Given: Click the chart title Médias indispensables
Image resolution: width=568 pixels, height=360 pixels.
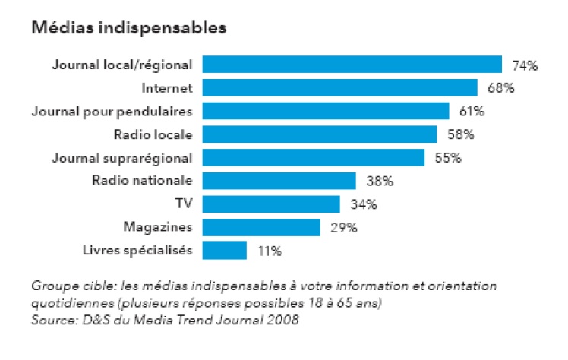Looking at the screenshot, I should tap(128, 29).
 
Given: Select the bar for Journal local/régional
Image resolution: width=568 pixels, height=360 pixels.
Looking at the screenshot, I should tap(352, 65).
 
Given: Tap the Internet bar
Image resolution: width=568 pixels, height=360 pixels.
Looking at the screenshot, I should tap(339, 87).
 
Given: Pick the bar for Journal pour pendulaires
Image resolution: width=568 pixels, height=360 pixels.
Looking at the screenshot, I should tap(326, 111).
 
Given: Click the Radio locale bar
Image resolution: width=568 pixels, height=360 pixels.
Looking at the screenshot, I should tap(320, 134).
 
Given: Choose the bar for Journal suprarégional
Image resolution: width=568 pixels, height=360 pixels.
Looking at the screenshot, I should tap(313, 157).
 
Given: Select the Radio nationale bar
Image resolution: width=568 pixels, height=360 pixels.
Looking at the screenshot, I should tap(279, 181).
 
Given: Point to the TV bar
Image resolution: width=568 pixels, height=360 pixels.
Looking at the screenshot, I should tap(270, 204).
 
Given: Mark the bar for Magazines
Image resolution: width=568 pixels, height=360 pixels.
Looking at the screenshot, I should tap(261, 227).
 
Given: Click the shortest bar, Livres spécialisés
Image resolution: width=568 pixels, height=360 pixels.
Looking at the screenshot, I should tap(224, 250).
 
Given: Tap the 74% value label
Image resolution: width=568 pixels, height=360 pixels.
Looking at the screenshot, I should tap(525, 65).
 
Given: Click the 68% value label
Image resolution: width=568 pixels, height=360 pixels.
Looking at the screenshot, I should tap(501, 88).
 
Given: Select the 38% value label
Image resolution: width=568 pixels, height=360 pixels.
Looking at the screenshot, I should tap(379, 182).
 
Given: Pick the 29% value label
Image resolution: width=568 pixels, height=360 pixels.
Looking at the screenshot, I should tap(343, 228).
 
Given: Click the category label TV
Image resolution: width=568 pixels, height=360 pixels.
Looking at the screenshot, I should tap(183, 204).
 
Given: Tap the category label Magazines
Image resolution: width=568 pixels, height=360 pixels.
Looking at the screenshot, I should tap(157, 227).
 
